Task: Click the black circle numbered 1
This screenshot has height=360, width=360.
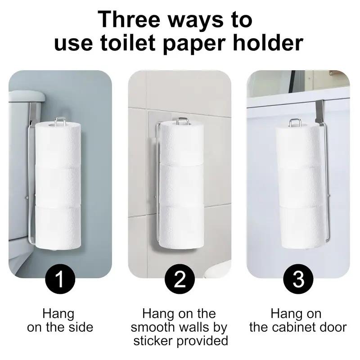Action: [60, 279]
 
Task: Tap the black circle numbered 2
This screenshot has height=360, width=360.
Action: [180, 279]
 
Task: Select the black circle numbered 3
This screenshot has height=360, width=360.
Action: [299, 279]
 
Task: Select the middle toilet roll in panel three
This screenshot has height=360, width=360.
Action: [298, 186]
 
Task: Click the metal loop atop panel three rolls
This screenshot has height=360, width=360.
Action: [294, 122]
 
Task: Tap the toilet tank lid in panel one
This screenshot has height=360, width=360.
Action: [26, 96]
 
